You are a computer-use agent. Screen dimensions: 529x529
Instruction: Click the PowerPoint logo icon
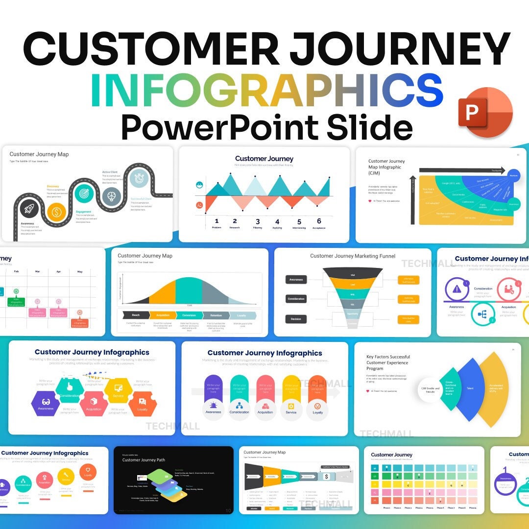pos(484,113)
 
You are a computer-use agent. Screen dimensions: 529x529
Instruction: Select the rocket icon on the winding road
pos(28,209)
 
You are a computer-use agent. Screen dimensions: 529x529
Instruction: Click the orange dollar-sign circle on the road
pos(57,213)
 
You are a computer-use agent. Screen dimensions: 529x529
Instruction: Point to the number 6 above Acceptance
pos(319,221)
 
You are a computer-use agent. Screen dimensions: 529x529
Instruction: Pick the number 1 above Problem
pos(216,221)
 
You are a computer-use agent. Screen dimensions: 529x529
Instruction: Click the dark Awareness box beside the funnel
pos(296,280)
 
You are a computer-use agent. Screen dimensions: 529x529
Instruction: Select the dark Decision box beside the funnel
pos(296,319)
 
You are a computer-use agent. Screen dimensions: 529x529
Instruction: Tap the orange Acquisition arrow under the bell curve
pos(162,315)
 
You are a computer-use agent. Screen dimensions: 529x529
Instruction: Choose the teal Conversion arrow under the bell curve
pos(189,315)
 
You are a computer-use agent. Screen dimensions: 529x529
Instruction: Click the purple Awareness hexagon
pos(46,403)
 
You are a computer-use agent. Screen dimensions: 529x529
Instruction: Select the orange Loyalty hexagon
pos(143,404)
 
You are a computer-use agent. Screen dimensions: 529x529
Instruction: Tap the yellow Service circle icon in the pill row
pos(291,407)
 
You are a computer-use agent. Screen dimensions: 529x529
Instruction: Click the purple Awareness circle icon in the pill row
pos(213,407)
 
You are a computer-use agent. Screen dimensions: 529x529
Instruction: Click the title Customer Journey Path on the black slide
pos(144,460)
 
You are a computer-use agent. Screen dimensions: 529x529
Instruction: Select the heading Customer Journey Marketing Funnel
pos(352,256)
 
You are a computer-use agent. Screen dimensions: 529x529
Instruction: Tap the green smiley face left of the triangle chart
pos(199,185)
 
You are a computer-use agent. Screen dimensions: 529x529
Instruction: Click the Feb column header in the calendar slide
pos(16,271)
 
